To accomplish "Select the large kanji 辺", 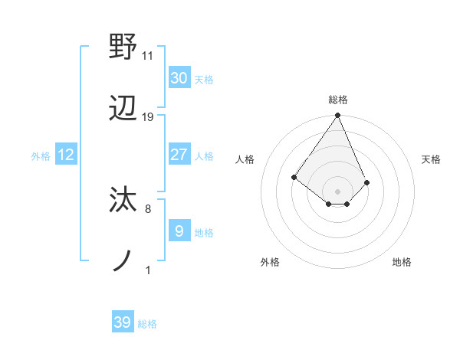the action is click(123, 110).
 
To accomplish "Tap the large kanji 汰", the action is click(123, 200).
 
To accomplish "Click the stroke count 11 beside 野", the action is click(148, 55).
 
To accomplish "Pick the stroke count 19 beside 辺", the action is click(148, 117).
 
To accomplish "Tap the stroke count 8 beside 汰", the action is click(147, 208).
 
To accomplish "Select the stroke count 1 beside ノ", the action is click(147, 270).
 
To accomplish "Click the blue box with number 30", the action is click(179, 78).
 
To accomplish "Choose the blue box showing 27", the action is click(179, 155).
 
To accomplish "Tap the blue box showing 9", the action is click(179, 231).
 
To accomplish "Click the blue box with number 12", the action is click(66, 155).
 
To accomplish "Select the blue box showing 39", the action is click(123, 322).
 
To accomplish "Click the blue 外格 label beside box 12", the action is click(41, 156).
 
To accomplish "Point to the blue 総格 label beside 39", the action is click(147, 324).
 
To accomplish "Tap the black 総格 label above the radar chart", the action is click(338, 100).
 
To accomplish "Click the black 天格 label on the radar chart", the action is click(431, 159).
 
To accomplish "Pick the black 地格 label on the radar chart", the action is click(402, 262).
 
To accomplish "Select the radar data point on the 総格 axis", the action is click(338, 116).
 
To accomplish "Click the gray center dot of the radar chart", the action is click(338, 191).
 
